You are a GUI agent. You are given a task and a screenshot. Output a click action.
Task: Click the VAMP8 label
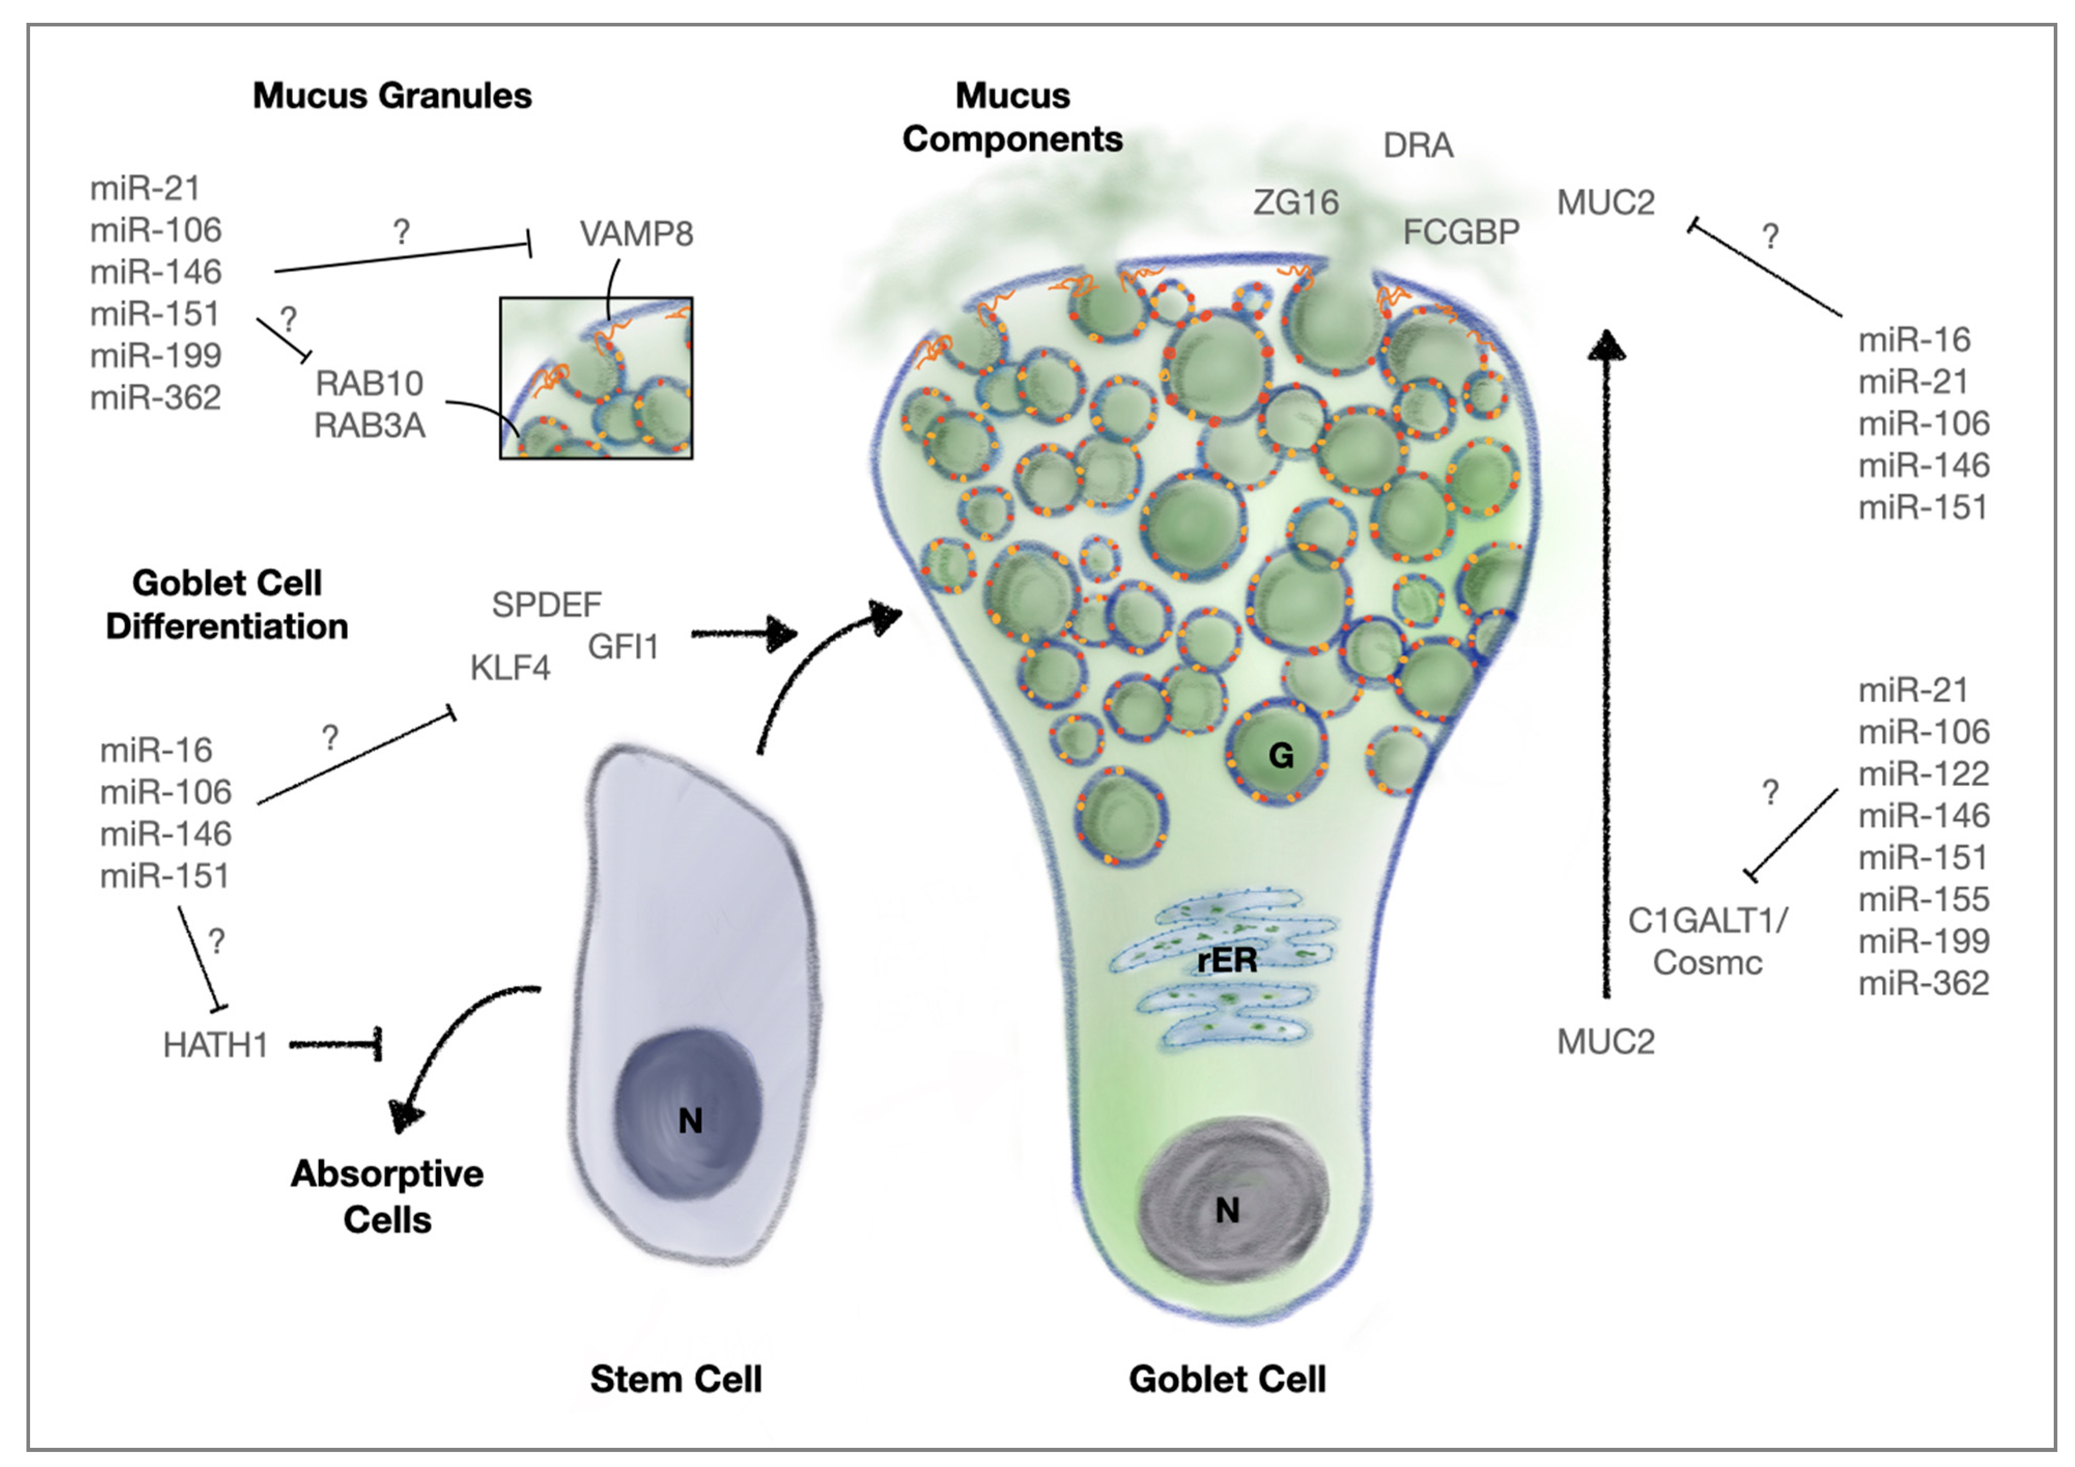click(x=636, y=234)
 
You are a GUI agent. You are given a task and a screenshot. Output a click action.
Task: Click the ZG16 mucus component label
click(x=1295, y=203)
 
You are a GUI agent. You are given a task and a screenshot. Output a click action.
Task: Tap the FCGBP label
click(x=1460, y=232)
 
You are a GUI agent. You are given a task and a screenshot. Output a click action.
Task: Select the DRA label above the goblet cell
click(x=1417, y=146)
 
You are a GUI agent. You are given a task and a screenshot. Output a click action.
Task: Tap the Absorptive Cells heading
click(x=387, y=1196)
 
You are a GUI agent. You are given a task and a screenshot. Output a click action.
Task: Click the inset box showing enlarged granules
click(x=597, y=378)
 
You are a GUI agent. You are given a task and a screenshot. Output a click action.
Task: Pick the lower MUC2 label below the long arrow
click(x=1605, y=1042)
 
